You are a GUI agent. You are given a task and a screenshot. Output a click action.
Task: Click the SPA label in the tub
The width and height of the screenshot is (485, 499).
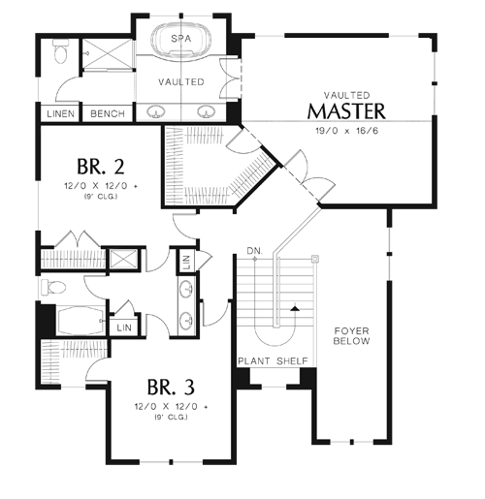pos(181,39)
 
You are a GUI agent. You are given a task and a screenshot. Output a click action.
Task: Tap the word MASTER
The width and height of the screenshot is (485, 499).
pos(346,111)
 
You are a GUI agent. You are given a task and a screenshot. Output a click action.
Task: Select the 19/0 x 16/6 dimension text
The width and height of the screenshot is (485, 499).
pos(346,131)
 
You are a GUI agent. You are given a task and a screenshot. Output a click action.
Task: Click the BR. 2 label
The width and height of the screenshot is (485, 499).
pos(101,167)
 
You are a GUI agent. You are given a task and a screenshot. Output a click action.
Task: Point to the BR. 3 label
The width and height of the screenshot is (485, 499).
pos(171,387)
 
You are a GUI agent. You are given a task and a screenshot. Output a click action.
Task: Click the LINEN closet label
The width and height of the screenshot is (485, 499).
pos(60,113)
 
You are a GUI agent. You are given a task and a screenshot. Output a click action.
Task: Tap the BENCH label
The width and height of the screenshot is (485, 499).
pos(108,113)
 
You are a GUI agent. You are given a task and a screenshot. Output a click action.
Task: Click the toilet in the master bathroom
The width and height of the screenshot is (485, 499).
pos(60,51)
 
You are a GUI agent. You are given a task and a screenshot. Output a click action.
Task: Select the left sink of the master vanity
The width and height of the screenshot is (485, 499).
pos(156,111)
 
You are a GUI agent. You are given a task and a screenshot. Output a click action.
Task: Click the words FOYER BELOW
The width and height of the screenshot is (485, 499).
pos(351,336)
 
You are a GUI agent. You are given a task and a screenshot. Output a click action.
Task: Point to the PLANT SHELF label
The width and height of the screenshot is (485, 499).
pos(273,361)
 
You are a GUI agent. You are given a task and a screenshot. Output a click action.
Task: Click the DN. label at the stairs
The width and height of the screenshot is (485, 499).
pos(255,251)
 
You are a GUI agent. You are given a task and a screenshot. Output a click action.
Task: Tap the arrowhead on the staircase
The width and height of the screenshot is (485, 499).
pos(295,309)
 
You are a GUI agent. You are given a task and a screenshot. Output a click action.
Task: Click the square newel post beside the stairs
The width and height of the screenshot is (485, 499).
pos(315,259)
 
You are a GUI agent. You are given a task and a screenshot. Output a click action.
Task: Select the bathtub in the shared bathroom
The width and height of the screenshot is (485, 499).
pos(81,321)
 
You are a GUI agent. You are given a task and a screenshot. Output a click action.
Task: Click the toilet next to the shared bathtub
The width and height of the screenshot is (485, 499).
pos(53,287)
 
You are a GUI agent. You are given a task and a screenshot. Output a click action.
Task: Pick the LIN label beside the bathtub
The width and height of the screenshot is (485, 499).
pos(124,327)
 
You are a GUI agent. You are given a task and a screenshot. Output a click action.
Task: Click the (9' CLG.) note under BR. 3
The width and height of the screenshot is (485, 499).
pos(171,417)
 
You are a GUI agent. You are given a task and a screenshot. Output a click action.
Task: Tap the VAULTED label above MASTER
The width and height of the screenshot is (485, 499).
pos(347,95)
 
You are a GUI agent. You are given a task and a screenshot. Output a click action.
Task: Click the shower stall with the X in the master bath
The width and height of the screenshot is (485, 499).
pos(108,54)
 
